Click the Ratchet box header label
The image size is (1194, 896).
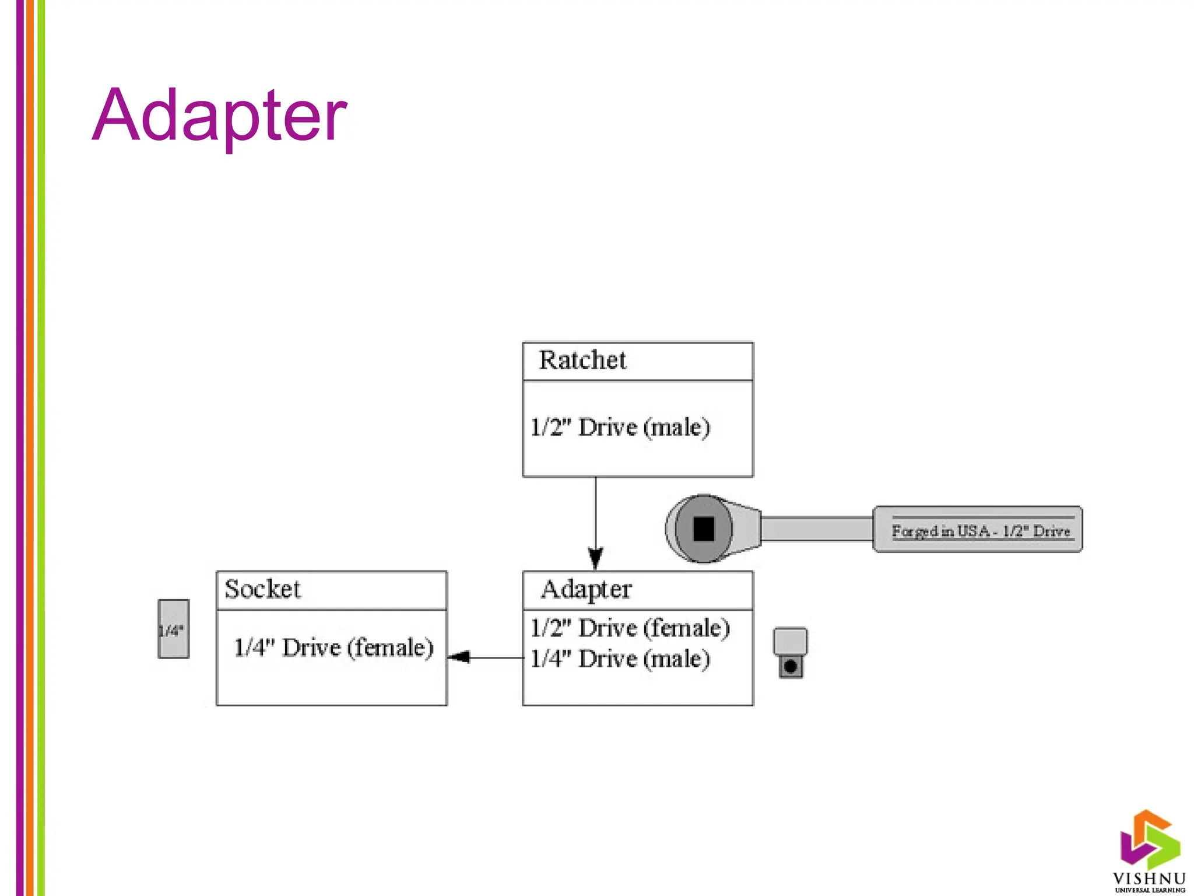[x=582, y=360]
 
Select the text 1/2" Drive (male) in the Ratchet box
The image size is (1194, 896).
[x=620, y=428]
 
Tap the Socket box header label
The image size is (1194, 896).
[x=262, y=589]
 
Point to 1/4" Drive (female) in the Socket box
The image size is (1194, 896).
[x=333, y=648]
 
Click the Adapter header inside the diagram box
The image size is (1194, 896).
[x=585, y=590]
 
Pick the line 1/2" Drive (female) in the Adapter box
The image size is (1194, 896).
[x=630, y=628]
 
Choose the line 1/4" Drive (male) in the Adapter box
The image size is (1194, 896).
[x=620, y=659]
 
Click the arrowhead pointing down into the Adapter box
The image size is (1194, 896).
[x=595, y=559]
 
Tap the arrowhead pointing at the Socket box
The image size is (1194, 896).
[x=459, y=657]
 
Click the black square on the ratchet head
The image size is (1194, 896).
[x=703, y=529]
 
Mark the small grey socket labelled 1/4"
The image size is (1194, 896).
[x=173, y=629]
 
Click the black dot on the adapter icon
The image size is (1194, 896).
[x=791, y=666]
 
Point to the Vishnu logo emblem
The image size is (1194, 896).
[x=1149, y=838]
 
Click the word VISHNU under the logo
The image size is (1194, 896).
[x=1149, y=878]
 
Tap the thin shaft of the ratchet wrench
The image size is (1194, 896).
[x=816, y=529]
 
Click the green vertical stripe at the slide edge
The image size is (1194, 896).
[x=41, y=448]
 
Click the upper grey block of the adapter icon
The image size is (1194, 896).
[x=790, y=641]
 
